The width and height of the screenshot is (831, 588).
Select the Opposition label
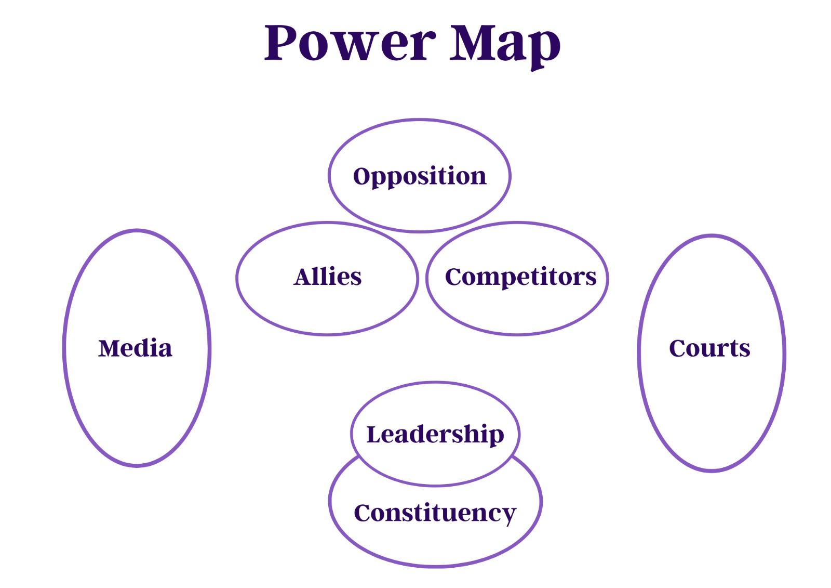pos(420,176)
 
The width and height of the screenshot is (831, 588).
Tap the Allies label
pos(328,277)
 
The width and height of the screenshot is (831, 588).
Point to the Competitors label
pos(520,277)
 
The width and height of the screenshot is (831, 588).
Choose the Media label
pos(135,348)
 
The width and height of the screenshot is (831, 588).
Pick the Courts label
pos(709,348)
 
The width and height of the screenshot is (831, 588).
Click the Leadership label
pos(435,434)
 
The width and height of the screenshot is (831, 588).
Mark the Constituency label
pos(435,513)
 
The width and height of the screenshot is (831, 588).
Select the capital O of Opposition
pos(361,176)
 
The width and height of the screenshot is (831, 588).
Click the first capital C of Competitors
pos(454,277)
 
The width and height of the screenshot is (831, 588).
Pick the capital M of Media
pos(110,348)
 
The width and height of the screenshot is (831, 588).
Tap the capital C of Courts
pos(678,348)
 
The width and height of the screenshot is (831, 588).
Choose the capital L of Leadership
pos(374,434)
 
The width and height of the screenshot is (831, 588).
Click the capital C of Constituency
pos(363,513)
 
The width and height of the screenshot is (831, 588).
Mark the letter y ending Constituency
pos(508,516)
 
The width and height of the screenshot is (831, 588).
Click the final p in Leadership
pos(496,437)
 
